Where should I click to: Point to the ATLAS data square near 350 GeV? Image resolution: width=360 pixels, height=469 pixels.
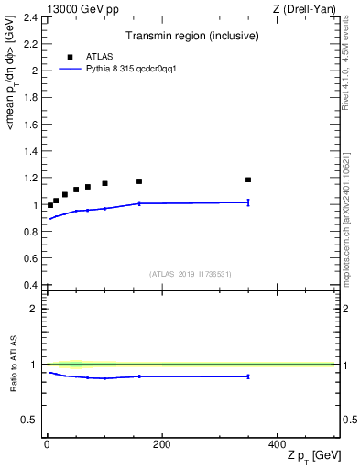(x=248, y=180)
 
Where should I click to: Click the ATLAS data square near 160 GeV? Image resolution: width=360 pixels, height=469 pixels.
(x=139, y=181)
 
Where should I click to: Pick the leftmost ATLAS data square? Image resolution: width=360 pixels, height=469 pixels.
(x=50, y=205)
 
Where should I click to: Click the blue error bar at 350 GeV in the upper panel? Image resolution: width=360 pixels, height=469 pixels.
(x=248, y=202)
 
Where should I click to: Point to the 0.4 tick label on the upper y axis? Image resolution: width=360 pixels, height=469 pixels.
(x=30, y=286)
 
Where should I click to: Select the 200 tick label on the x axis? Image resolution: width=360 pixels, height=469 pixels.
(x=161, y=443)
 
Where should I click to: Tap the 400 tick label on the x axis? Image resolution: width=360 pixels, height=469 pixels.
(x=277, y=443)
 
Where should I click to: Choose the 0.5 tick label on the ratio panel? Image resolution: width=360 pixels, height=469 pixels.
(x=30, y=420)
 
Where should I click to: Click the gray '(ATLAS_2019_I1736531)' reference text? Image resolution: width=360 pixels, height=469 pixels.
(x=191, y=274)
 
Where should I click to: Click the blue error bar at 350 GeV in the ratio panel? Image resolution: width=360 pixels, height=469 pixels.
(x=248, y=376)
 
